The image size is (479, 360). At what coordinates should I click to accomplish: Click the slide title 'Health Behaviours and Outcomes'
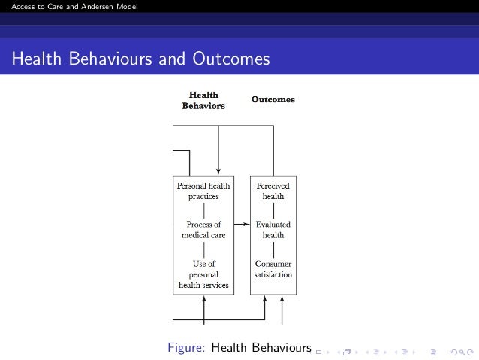pyautogui.click(x=140, y=59)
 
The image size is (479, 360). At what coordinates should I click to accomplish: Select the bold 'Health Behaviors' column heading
pyautogui.click(x=203, y=101)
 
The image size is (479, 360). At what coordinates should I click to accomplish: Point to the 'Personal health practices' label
pyautogui.click(x=203, y=190)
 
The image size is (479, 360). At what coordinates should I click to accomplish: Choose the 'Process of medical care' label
pyautogui.click(x=203, y=229)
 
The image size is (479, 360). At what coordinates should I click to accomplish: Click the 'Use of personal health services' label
pyautogui.click(x=203, y=274)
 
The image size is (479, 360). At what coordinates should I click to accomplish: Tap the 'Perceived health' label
pyautogui.click(x=273, y=190)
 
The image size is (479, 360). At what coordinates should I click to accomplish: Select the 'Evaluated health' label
pyautogui.click(x=273, y=229)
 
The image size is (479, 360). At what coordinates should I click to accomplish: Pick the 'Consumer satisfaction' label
pyautogui.click(x=273, y=269)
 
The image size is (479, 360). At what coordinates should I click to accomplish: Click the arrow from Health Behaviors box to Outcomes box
pyautogui.click(x=241, y=224)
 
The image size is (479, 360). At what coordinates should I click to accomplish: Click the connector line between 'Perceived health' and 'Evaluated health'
pyautogui.click(x=273, y=210)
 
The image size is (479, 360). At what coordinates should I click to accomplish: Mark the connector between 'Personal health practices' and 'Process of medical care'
pyautogui.click(x=203, y=210)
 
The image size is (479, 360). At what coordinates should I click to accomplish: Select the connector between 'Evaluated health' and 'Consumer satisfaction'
pyautogui.click(x=273, y=249)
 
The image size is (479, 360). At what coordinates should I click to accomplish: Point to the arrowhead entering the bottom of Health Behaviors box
pyautogui.click(x=203, y=301)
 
